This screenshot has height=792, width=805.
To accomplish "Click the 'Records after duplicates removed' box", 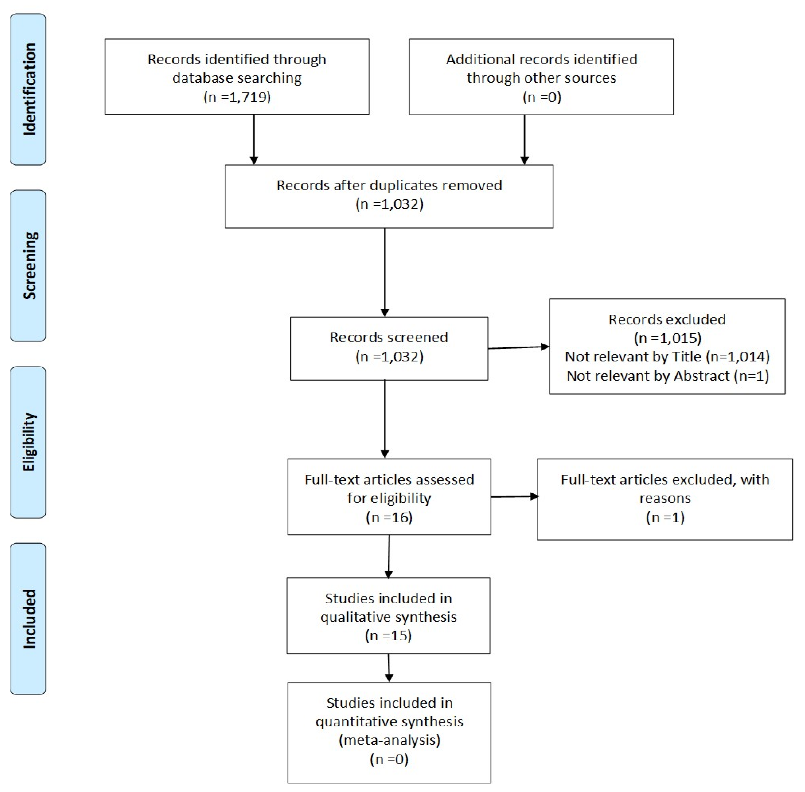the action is (x=389, y=196).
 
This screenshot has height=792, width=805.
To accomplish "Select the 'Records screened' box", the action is (x=389, y=348).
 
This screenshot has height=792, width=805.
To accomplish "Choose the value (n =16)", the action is (x=389, y=517).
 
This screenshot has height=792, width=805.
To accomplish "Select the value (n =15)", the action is (x=388, y=636).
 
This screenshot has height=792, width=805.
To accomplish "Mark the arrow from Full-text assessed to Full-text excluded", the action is (x=514, y=496).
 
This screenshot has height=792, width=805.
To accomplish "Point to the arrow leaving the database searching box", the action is (x=254, y=139).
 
